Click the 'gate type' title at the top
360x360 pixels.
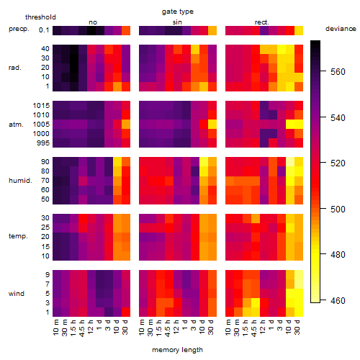click(178, 12)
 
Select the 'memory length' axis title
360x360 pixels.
click(177, 350)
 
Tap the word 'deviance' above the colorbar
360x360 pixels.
click(341, 29)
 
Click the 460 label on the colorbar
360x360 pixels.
click(338, 300)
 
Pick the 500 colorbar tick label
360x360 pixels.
click(338, 209)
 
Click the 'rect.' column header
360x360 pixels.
click(261, 22)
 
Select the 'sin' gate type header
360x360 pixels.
click(177, 22)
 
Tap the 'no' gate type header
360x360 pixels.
click(93, 22)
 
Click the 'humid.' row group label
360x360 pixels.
click(20, 181)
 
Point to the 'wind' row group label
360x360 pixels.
click(17, 294)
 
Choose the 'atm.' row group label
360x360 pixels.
click(16, 125)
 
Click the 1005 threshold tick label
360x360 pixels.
click(41, 125)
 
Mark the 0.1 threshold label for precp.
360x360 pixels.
click(44, 30)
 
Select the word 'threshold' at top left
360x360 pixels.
click(40, 17)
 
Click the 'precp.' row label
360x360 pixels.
click(19, 29)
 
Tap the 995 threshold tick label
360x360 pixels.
click(43, 143)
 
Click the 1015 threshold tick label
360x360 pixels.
click(41, 106)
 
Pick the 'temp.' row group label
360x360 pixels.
click(18, 236)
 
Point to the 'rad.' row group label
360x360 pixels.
click(15, 68)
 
